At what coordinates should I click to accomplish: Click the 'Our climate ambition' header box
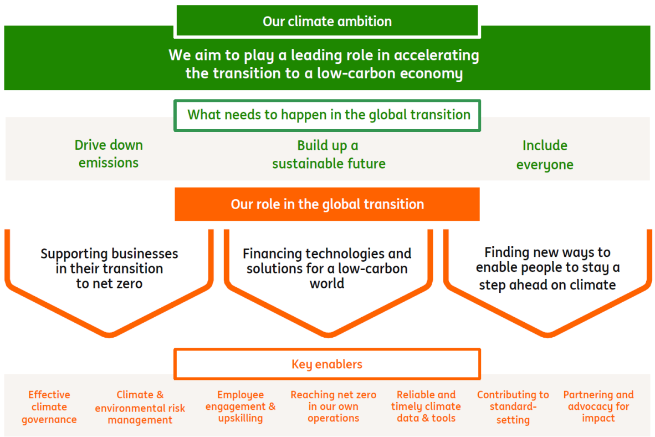(327, 22)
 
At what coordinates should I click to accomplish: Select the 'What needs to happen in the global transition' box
(328, 115)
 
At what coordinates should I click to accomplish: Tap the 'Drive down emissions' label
(109, 154)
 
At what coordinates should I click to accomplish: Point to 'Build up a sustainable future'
(328, 155)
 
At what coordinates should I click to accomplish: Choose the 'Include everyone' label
(545, 155)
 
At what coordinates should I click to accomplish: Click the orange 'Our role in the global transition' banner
(327, 204)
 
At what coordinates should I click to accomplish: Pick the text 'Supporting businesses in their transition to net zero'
(109, 269)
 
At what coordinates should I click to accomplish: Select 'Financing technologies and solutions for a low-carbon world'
(327, 269)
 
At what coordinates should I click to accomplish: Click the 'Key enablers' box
(327, 364)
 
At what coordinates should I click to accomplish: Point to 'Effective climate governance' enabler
(49, 407)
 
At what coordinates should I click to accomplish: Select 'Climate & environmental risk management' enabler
(140, 407)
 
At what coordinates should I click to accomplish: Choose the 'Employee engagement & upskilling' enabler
(240, 406)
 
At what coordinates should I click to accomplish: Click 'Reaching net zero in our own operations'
(333, 406)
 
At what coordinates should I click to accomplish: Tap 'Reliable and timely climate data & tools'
(426, 406)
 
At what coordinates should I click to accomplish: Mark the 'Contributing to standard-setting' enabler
(513, 407)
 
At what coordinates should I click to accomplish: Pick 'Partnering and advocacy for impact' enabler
(598, 406)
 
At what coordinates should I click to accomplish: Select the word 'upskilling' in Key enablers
(240, 418)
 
